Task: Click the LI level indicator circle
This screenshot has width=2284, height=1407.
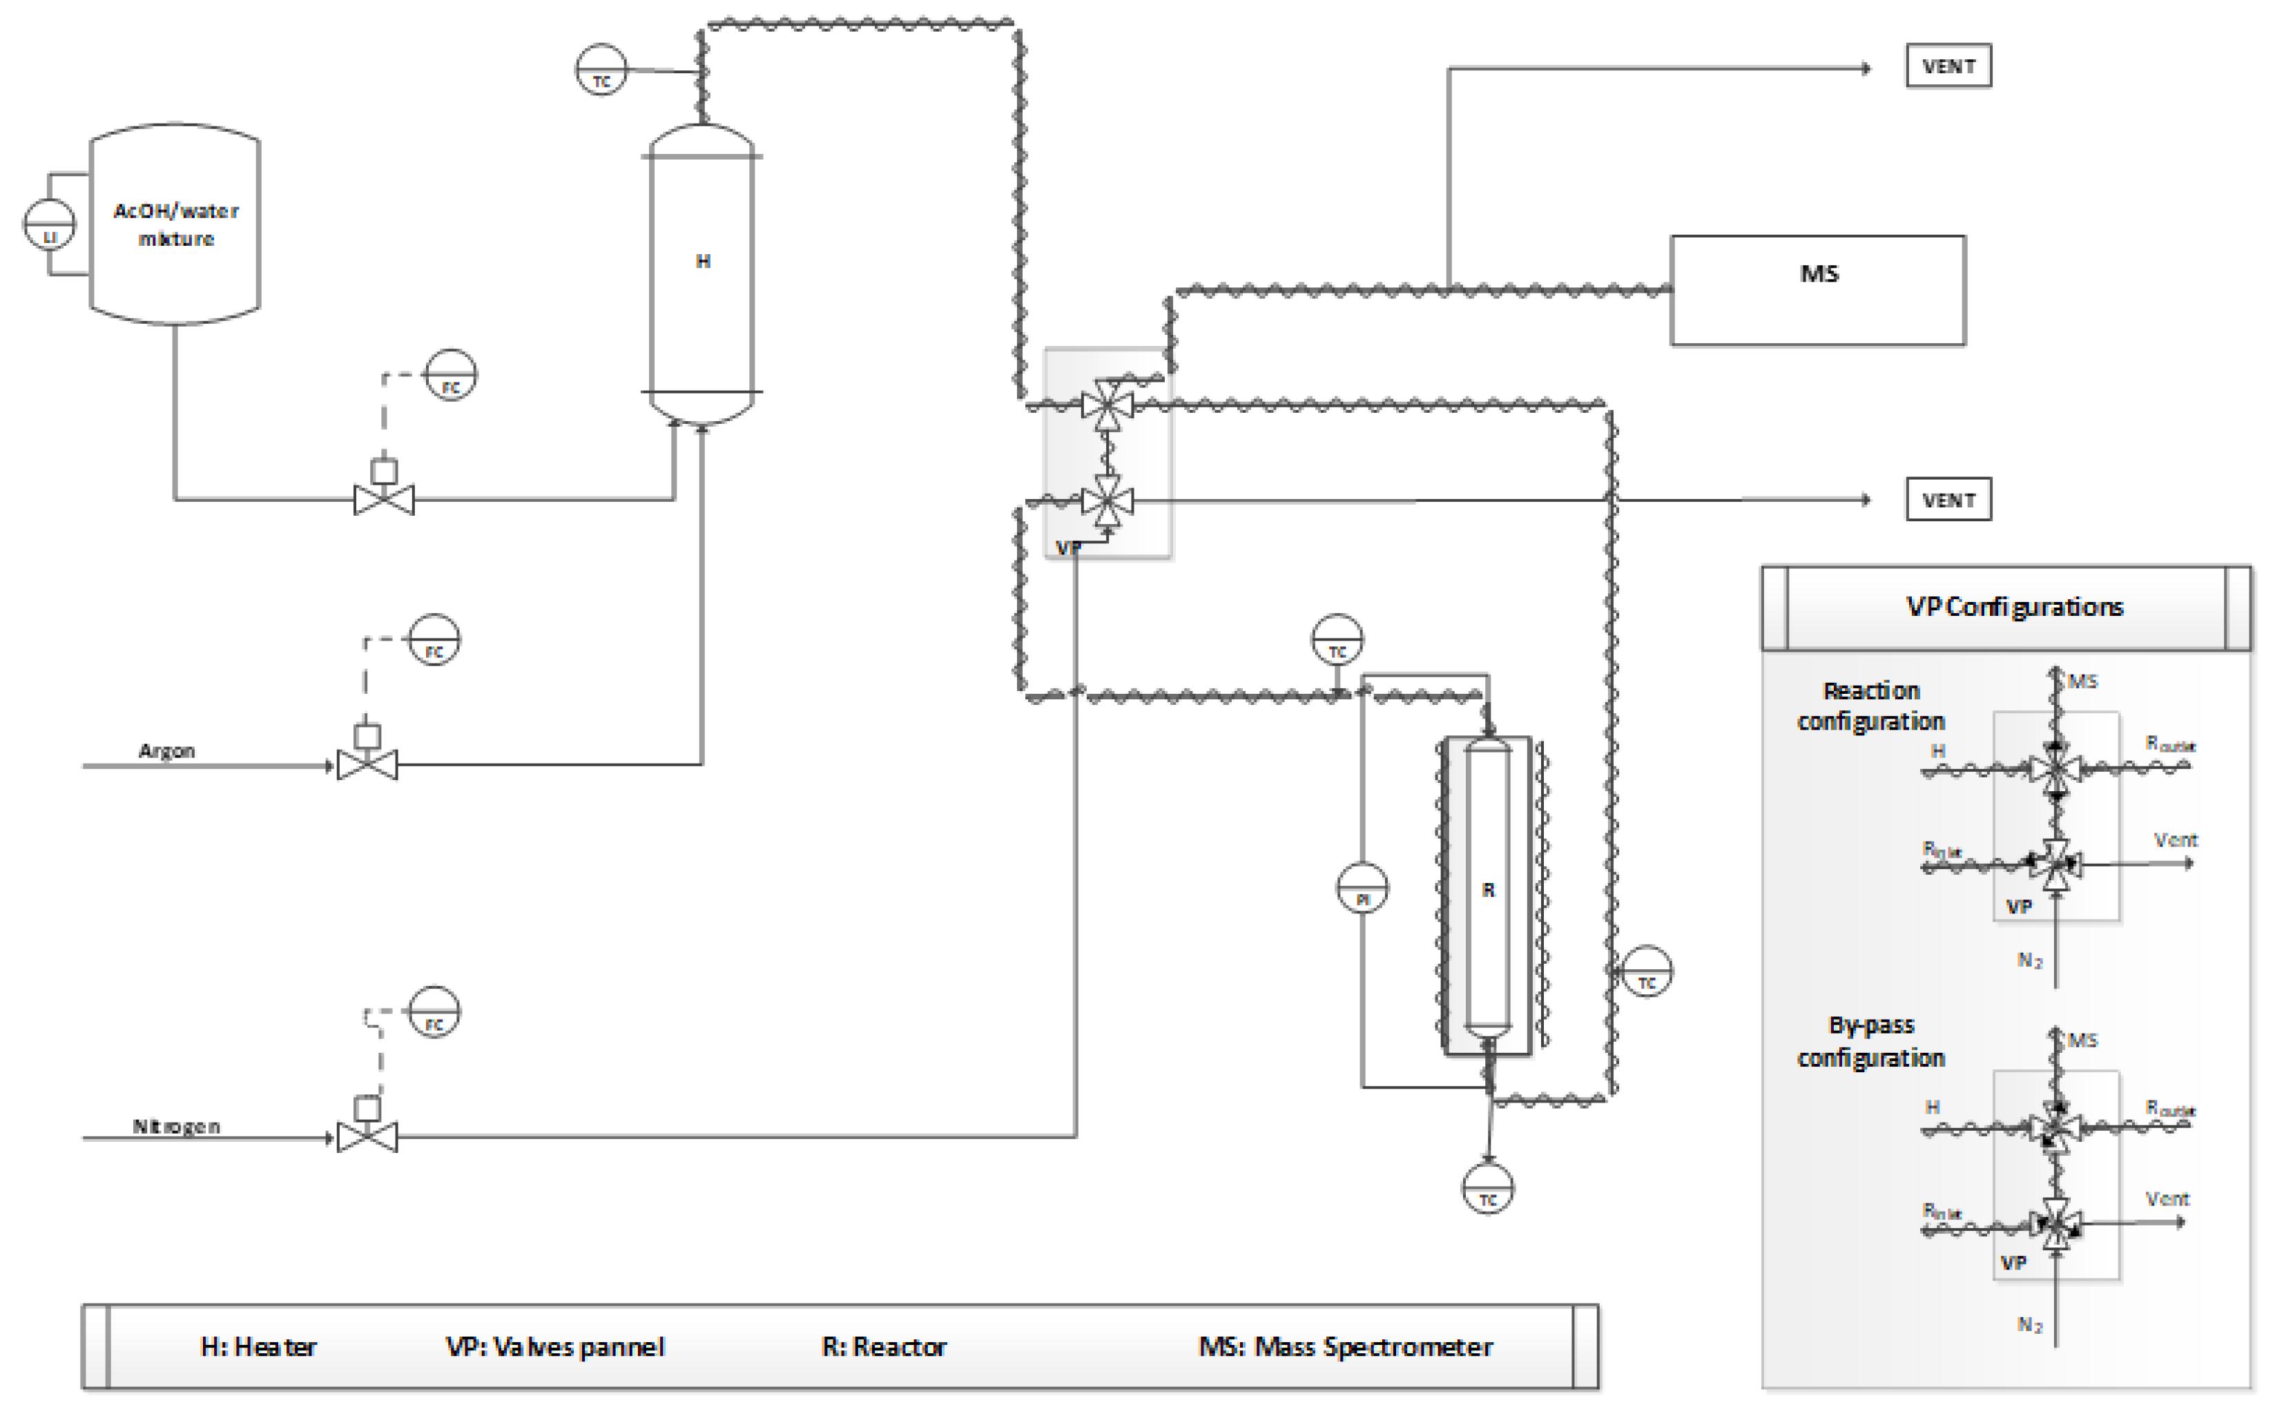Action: coord(49,225)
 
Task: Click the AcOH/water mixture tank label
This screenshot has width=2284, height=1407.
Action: coord(176,224)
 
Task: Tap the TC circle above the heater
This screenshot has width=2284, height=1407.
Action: coord(601,70)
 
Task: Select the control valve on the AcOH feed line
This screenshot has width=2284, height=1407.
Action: coord(384,500)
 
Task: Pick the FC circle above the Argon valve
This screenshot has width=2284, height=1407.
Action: coord(434,640)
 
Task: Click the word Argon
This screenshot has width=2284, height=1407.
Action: coord(166,751)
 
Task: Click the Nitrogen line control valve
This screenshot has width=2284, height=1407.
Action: coord(367,1136)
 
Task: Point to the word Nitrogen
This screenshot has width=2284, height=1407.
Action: coord(176,1127)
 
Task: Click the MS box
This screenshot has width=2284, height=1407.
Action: coord(1818,291)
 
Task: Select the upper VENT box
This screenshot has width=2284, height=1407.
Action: coord(1948,66)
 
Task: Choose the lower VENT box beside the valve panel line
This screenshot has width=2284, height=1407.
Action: coord(1948,500)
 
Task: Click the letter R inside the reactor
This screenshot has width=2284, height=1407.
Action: coord(1488,891)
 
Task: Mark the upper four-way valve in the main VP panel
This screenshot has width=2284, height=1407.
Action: coord(1107,405)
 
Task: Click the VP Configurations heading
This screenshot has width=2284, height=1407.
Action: coord(2014,607)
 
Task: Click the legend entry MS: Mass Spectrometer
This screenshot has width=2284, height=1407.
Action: coord(1345,1346)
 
